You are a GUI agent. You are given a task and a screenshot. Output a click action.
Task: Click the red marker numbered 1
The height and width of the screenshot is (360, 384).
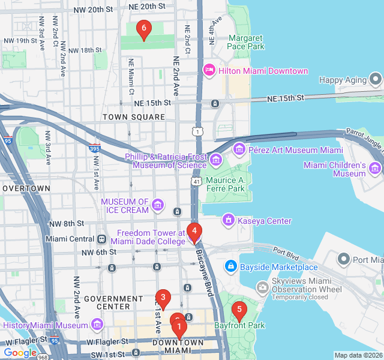pos(179,328)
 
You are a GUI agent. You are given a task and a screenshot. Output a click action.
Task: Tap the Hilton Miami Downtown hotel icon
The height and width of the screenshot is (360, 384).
pos(209,71)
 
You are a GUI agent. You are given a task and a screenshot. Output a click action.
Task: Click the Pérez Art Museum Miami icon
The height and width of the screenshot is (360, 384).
pos(239,149)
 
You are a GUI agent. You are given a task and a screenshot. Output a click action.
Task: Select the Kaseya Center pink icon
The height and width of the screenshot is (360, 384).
pos(228,221)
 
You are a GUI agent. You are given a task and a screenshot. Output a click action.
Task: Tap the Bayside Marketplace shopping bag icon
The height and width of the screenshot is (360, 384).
pos(230,266)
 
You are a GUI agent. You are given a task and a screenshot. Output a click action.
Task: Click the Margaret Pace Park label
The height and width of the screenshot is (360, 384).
pos(246,42)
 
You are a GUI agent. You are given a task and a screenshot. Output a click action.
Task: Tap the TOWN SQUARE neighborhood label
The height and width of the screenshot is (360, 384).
pos(133,117)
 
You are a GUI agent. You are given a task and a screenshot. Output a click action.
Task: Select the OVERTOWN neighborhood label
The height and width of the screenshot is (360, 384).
pos(26,188)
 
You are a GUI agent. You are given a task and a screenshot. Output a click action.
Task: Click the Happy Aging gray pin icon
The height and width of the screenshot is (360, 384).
pos(376,79)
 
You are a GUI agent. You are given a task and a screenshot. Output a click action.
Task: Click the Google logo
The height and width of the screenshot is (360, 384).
pos(20,353)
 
